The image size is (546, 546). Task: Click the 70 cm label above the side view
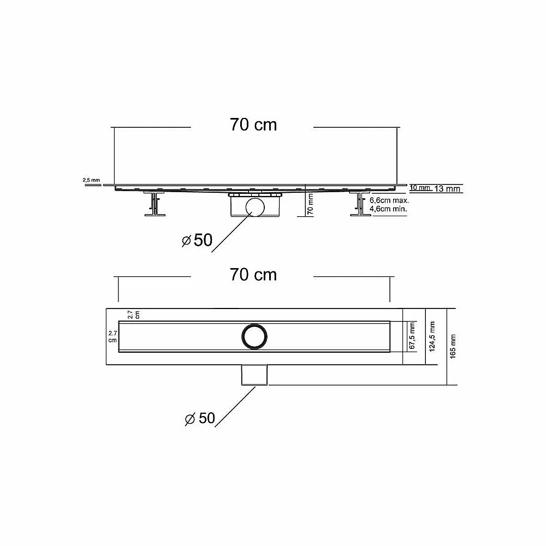tap(253, 124)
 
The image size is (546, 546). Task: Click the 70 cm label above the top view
tap(253, 275)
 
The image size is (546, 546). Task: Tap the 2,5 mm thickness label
tap(91, 180)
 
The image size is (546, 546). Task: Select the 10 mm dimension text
tap(420, 188)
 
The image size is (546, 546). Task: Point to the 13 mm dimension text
tap(448, 189)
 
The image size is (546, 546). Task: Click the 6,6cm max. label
tap(389, 200)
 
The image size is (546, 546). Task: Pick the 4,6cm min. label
tap(388, 209)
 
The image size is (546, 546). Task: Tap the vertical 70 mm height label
tap(310, 204)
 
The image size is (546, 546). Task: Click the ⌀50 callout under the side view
tap(197, 240)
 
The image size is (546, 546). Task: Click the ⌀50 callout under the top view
tap(200, 418)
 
